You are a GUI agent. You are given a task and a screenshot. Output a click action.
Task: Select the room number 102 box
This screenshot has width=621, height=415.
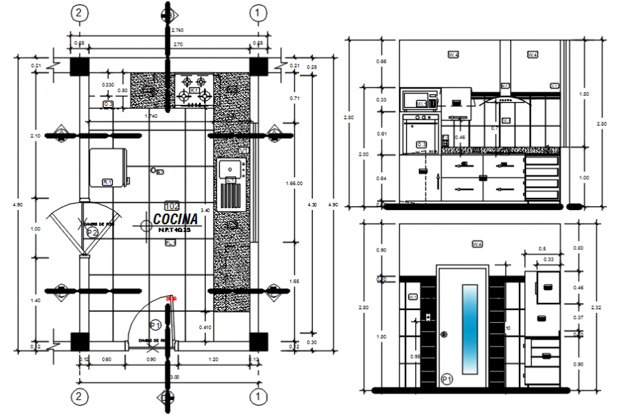coord(171,206)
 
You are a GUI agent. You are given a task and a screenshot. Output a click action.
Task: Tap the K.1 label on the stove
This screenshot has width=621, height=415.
coord(195,91)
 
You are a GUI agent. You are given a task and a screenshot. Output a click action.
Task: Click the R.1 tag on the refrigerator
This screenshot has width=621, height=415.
coord(108,182)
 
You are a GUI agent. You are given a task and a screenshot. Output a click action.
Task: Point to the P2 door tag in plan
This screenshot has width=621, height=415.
coord(92,232)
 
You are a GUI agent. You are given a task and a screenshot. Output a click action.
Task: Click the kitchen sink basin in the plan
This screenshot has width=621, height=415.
coord(231,169)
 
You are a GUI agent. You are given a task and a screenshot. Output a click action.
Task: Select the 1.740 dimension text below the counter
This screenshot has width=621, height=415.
coord(151,116)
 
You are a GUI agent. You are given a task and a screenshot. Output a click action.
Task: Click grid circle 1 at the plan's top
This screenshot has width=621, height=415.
coord(258,12)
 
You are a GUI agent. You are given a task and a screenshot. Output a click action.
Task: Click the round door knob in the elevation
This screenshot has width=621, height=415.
coord(445,334)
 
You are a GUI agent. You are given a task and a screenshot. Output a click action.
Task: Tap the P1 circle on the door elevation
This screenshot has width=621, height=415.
coord(447,379)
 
